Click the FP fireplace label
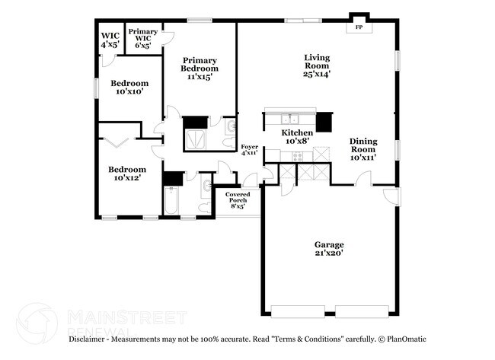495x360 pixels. pyautogui.click(x=358, y=27)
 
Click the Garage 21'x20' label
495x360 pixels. pyautogui.click(x=329, y=248)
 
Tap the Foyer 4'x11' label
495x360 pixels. pyautogui.click(x=249, y=148)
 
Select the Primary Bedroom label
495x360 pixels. pyautogui.click(x=199, y=68)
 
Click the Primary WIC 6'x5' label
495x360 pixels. pyautogui.click(x=142, y=38)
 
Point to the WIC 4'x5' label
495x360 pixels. pyautogui.click(x=110, y=40)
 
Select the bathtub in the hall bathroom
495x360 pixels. pyautogui.click(x=171, y=202)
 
